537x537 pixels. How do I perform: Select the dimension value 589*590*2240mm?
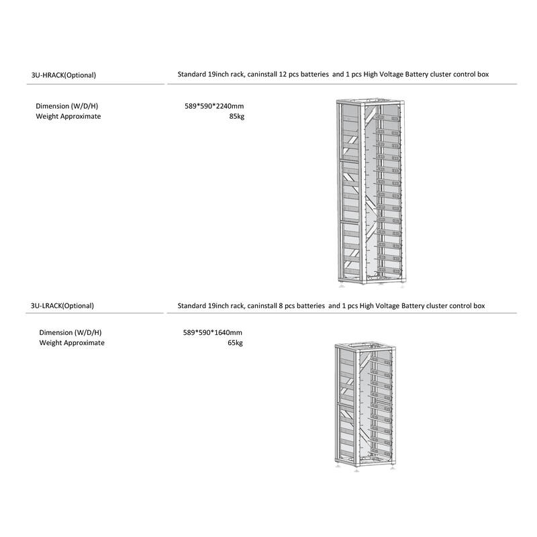click(214, 106)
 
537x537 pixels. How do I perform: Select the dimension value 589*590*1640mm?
click(214, 332)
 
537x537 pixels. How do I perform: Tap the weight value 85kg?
click(236, 116)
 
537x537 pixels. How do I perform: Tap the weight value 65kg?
click(236, 342)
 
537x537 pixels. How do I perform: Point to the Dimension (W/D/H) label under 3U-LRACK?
click(70, 332)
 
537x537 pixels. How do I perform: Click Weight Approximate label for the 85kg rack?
click(68, 116)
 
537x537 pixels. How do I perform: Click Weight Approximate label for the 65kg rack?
click(72, 342)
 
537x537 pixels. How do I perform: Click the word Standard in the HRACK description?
click(193, 75)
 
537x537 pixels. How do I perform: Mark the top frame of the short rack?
click(369, 346)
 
